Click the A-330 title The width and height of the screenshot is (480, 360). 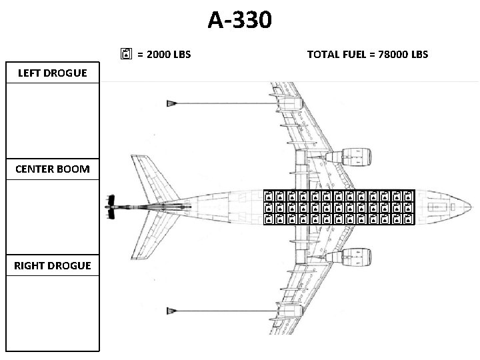pyautogui.click(x=239, y=20)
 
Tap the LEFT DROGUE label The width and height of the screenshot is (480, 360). pyautogui.click(x=53, y=73)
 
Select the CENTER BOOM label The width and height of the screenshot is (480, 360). pyautogui.click(x=53, y=169)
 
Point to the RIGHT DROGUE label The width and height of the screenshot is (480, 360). pyautogui.click(x=53, y=265)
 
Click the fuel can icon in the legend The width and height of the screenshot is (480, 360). pyautogui.click(x=127, y=53)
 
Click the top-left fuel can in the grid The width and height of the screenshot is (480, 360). pyautogui.click(x=269, y=197)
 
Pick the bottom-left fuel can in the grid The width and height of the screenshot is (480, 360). pyautogui.click(x=269, y=219)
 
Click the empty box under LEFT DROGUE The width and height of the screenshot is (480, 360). pyautogui.click(x=53, y=119)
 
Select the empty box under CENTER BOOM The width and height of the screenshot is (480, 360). pyautogui.click(x=53, y=216)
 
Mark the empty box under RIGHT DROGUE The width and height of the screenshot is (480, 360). pyautogui.click(x=53, y=312)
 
